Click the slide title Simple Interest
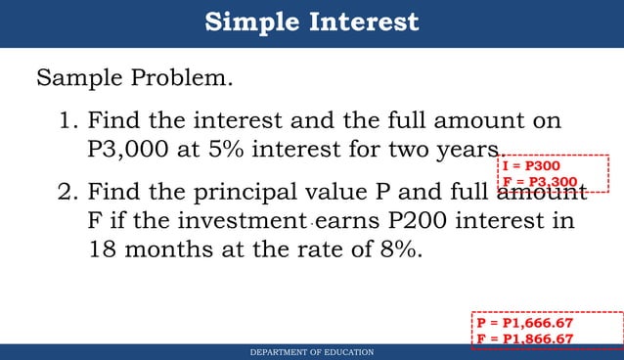point(312,22)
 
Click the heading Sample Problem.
point(135,77)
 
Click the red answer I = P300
point(531,166)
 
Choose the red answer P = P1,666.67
point(524,322)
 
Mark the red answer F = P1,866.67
point(524,337)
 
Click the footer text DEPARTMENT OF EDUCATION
point(312,352)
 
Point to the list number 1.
point(67,121)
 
